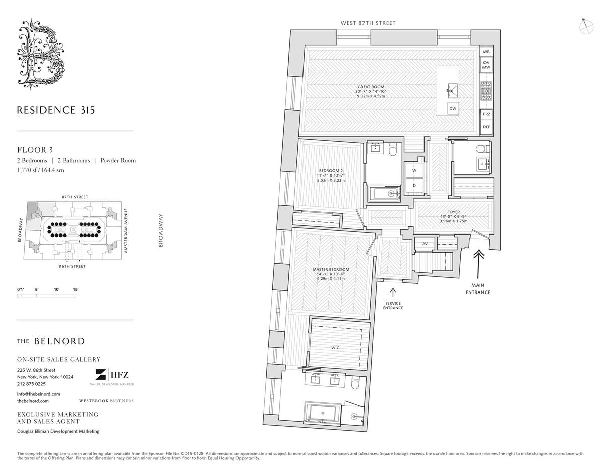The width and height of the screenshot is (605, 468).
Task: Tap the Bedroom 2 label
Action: pyautogui.click(x=331, y=170)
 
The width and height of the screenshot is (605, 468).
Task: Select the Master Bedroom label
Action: pyautogui.click(x=331, y=270)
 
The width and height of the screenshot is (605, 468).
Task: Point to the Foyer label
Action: pyautogui.click(x=453, y=212)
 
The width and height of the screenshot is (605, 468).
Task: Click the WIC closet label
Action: pyautogui.click(x=335, y=348)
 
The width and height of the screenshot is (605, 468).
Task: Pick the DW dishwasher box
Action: pyautogui.click(x=453, y=108)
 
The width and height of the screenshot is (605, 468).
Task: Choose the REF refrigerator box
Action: pyautogui.click(x=486, y=127)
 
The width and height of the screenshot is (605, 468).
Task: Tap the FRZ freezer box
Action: pyautogui.click(x=486, y=114)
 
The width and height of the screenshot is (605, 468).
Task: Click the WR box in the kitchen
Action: pyautogui.click(x=486, y=52)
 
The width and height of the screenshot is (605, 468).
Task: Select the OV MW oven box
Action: pyautogui.click(x=486, y=65)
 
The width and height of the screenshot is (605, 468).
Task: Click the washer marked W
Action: pyautogui.click(x=414, y=171)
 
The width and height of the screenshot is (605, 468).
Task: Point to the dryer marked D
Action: pyautogui.click(x=414, y=185)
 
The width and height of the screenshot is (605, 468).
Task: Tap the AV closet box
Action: pyautogui.click(x=425, y=244)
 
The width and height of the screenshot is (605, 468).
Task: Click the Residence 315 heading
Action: pyautogui.click(x=55, y=110)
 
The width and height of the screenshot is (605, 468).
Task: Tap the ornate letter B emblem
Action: pyautogui.click(x=41, y=53)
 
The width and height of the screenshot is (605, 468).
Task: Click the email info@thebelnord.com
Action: pyautogui.click(x=39, y=394)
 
